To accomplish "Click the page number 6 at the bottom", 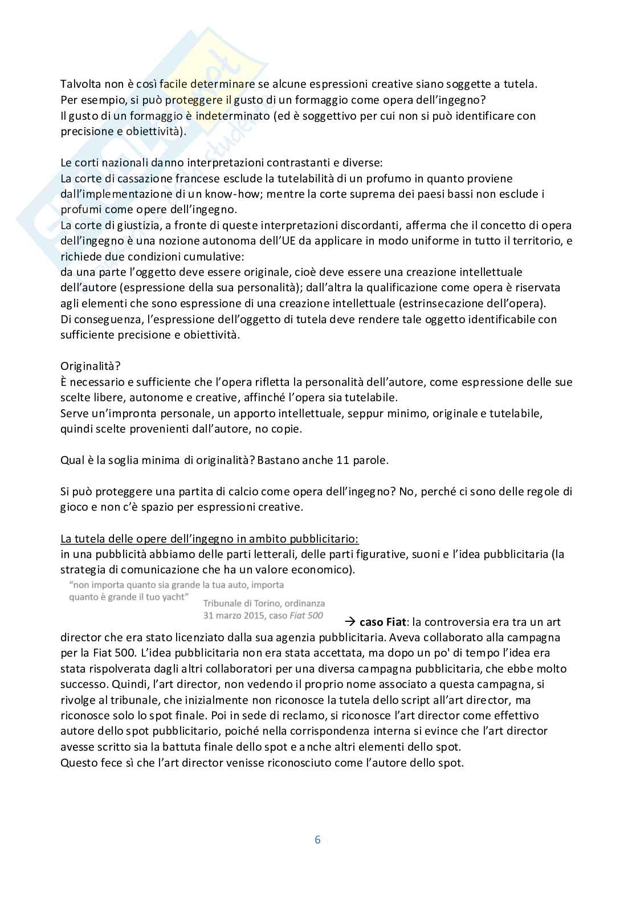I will coord(317,840).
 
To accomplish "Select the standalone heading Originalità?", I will coord(90,366).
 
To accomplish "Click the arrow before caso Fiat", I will coord(350,622).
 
